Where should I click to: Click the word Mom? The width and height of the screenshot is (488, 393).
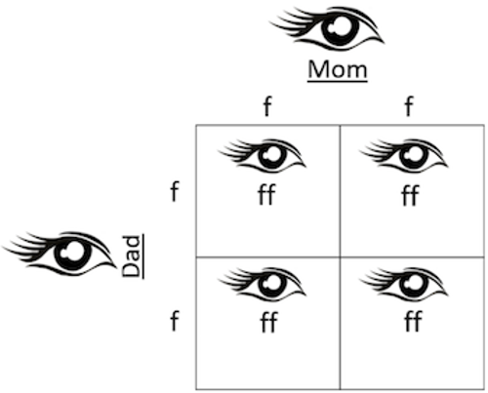click(x=338, y=69)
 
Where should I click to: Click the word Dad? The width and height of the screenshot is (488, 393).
click(x=131, y=256)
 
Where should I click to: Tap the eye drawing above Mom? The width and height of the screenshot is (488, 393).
click(x=327, y=28)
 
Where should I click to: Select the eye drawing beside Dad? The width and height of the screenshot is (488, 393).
click(x=61, y=255)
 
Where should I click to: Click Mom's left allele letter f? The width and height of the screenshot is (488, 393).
click(x=267, y=105)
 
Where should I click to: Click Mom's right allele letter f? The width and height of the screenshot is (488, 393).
click(x=409, y=105)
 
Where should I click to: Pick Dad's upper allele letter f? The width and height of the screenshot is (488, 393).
click(x=175, y=191)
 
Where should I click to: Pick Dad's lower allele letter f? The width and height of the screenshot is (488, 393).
click(x=175, y=320)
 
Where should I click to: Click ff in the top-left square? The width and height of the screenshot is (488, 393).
click(x=266, y=194)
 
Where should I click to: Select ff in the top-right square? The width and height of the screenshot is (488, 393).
click(x=410, y=195)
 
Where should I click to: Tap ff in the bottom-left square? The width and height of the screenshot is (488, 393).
click(x=268, y=322)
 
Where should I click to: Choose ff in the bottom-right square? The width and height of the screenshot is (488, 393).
click(x=413, y=321)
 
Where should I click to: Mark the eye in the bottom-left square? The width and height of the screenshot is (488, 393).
click(x=263, y=284)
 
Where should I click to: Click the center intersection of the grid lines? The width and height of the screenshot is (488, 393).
click(x=341, y=257)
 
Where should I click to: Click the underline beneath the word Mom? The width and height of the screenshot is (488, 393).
click(x=338, y=81)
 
